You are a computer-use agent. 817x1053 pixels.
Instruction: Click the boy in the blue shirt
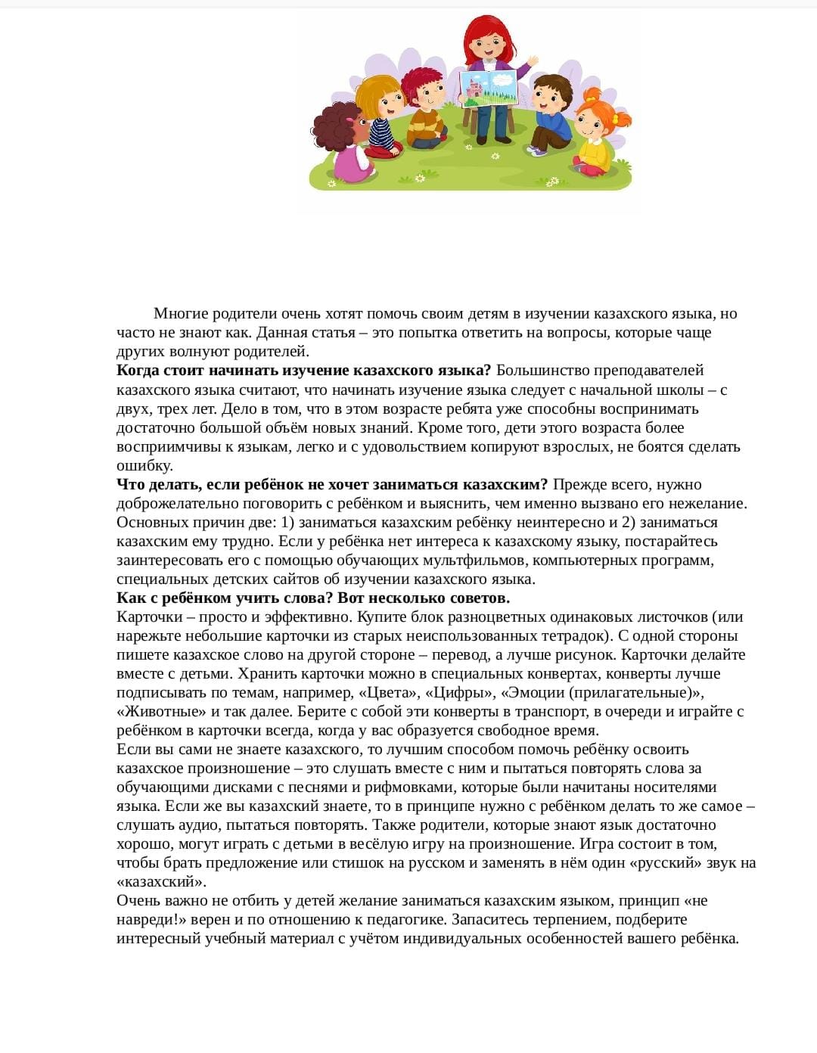click(x=551, y=113)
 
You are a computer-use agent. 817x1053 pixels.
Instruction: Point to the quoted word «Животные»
click(x=161, y=712)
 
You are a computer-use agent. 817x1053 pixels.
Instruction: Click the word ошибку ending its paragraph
click(x=144, y=466)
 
